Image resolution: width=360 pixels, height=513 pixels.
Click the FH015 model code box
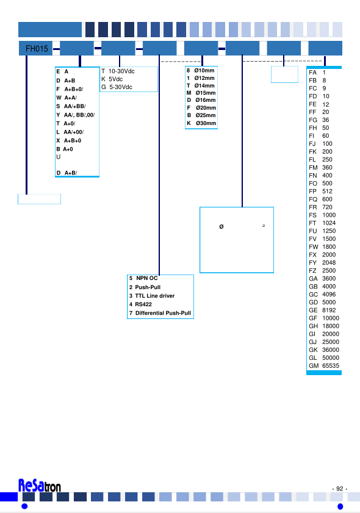click(x=35, y=48)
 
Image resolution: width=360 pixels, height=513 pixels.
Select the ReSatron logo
click(x=40, y=486)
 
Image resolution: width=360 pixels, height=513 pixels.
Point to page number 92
click(x=340, y=489)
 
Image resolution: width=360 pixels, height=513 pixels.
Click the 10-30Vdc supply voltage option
click(x=118, y=71)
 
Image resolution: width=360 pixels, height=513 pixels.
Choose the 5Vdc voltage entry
click(x=112, y=79)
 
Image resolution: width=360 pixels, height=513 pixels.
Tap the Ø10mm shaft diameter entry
click(x=201, y=70)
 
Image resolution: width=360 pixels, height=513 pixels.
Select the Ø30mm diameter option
click(x=201, y=123)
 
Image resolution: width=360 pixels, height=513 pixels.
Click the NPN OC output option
click(x=143, y=278)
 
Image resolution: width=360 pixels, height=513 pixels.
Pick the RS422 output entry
click(x=140, y=304)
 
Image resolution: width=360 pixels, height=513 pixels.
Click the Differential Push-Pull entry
click(x=160, y=313)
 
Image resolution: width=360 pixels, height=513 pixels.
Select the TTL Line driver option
click(x=152, y=296)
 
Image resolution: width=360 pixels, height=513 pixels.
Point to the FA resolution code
click(x=312, y=73)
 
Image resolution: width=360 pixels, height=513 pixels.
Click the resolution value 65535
click(x=331, y=366)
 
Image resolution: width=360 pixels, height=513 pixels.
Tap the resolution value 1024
click(x=329, y=223)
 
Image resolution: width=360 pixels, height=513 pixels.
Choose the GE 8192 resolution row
click(x=322, y=310)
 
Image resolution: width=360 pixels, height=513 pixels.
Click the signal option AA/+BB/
click(x=71, y=106)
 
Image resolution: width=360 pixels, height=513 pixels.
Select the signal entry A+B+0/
click(x=70, y=89)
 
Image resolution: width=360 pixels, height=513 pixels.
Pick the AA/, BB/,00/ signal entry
click(x=76, y=115)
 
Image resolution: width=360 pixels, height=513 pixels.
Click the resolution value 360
click(x=327, y=168)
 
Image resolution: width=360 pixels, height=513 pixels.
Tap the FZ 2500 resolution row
click(x=322, y=271)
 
